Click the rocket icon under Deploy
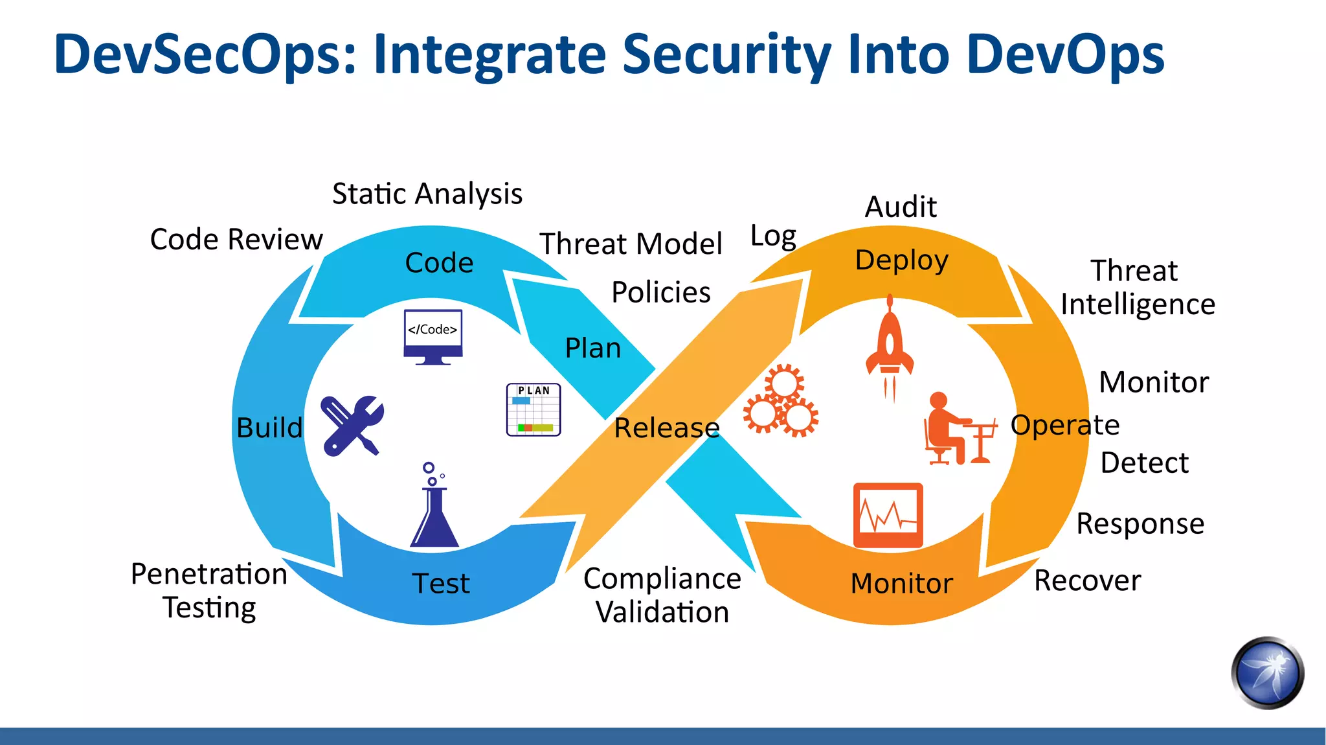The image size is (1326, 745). tap(890, 347)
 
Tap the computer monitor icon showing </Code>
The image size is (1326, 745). tap(433, 336)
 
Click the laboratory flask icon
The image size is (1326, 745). tap(433, 509)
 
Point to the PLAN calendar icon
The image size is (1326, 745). tap(534, 409)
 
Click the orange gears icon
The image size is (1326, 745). tap(781, 402)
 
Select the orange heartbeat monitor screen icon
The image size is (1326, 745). tap(888, 515)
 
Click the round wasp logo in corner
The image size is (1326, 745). tap(1267, 673)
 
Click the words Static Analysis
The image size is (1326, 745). tap(427, 194)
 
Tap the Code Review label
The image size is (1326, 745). tap(236, 239)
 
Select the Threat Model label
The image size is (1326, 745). tap(631, 244)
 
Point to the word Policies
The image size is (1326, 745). tap(661, 292)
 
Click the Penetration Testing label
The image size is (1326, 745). tap(209, 590)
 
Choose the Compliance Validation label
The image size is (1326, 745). tap(662, 595)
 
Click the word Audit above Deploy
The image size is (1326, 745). tap(901, 207)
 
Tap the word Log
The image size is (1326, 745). tap(772, 236)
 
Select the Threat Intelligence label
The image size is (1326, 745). tap(1137, 287)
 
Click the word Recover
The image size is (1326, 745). tap(1087, 580)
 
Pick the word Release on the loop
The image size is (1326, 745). tap(666, 428)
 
